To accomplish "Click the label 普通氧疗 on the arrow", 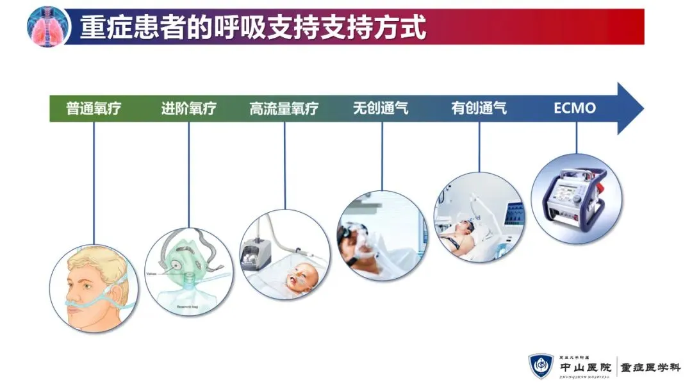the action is pyautogui.click(x=94, y=108).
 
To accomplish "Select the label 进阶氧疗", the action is pyautogui.click(x=188, y=108).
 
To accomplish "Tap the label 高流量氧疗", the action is pyautogui.click(x=284, y=108).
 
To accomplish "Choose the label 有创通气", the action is pyautogui.click(x=479, y=108).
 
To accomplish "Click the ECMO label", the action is pyautogui.click(x=575, y=108).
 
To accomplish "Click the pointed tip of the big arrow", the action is pyautogui.click(x=642, y=108).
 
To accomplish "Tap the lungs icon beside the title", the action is pyautogui.click(x=48, y=26).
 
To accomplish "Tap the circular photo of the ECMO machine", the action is pyautogui.click(x=577, y=198).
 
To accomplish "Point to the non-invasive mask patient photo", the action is pyautogui.click(x=382, y=235).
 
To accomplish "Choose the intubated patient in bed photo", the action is pyautogui.click(x=478, y=218).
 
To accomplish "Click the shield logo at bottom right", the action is pyautogui.click(x=541, y=366).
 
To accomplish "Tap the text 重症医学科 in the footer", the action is pyautogui.click(x=651, y=368).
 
